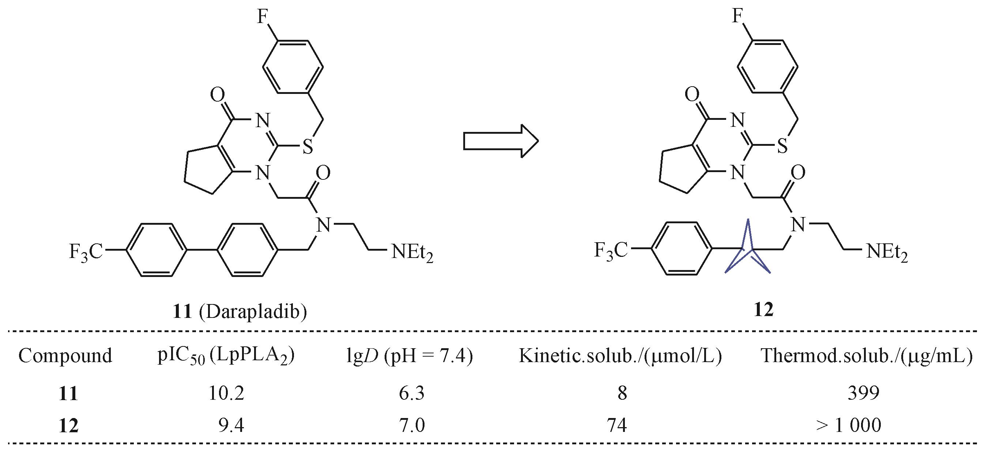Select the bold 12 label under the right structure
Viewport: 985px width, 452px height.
click(x=763, y=309)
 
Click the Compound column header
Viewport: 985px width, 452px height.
click(x=65, y=356)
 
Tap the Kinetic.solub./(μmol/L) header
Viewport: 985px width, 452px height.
click(x=620, y=356)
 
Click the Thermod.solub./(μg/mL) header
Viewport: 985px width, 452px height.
click(x=867, y=356)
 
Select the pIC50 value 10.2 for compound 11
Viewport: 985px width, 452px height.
click(x=226, y=393)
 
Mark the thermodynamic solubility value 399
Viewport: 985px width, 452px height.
click(x=863, y=393)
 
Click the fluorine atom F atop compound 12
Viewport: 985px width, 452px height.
click(x=737, y=17)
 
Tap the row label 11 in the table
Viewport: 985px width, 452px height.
click(x=68, y=394)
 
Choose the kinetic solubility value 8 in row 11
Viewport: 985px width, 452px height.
click(x=622, y=393)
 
